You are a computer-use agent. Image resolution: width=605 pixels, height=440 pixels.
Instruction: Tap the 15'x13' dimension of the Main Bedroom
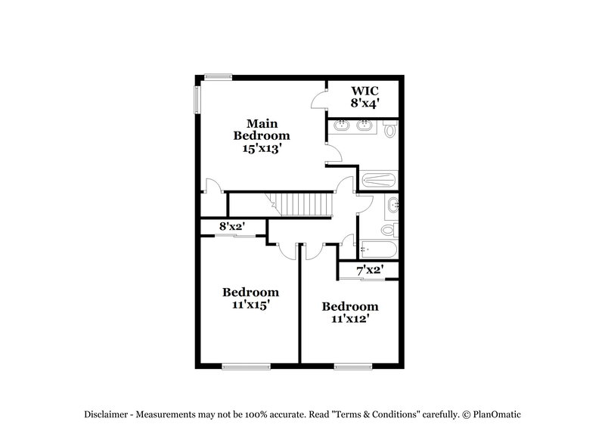pos(261,149)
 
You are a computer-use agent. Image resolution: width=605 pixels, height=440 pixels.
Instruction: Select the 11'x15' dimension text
pos(250,305)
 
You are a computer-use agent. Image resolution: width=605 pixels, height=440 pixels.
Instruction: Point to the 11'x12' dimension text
pos(350,320)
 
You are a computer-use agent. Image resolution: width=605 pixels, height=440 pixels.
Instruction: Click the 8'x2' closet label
pos(231,225)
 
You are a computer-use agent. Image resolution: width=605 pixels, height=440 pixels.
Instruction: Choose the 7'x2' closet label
pos(370,269)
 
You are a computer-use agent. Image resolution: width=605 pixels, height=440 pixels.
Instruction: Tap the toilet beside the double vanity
pos(390,130)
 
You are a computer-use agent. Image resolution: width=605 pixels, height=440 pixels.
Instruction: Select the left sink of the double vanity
pos(340,126)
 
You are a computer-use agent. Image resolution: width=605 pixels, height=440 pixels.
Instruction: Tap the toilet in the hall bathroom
pos(388,229)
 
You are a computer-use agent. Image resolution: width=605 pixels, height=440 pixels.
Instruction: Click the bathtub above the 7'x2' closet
pos(376,247)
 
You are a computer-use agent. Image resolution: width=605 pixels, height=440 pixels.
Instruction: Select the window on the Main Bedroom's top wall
pos(218,75)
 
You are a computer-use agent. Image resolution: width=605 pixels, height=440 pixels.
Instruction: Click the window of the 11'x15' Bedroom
pos(246,367)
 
